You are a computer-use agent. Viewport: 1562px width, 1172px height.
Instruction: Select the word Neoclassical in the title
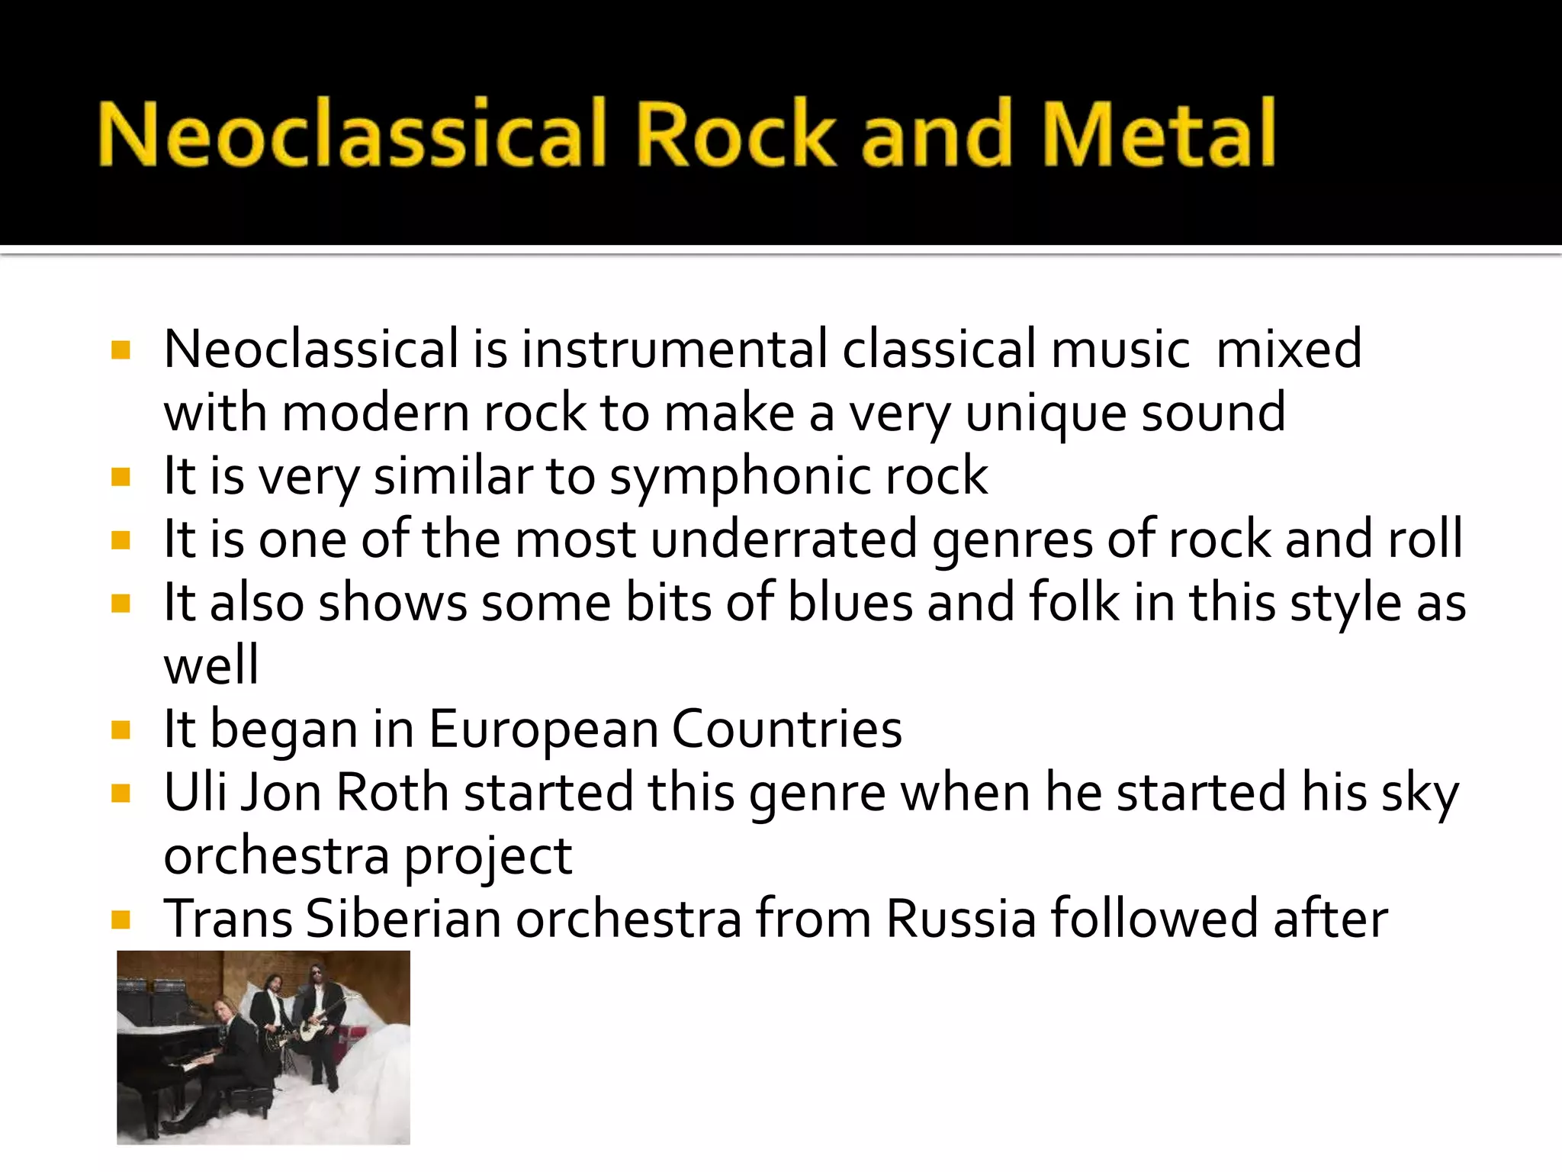(352, 134)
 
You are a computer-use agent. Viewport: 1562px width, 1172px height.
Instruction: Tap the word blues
(850, 602)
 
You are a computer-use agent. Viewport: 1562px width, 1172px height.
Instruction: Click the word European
(544, 729)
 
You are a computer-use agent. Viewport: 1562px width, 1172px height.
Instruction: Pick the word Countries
(786, 729)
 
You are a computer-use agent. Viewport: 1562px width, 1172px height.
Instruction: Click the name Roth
(392, 792)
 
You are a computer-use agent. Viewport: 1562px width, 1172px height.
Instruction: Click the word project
(488, 856)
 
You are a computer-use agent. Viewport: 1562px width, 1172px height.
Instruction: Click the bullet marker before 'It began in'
(121, 730)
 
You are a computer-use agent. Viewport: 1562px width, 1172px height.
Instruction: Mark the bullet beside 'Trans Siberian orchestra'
(121, 919)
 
